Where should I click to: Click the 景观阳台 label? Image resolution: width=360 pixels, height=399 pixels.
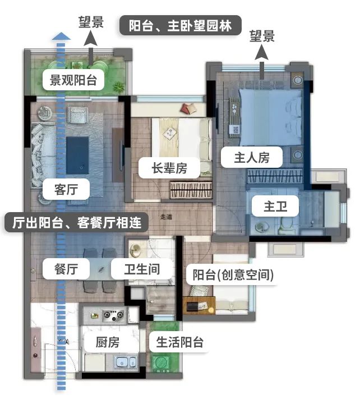(73, 80)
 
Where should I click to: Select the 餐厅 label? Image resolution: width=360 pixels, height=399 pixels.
(66, 269)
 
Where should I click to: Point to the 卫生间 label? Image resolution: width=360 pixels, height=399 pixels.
(142, 269)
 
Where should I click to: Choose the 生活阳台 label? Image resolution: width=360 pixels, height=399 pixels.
(179, 342)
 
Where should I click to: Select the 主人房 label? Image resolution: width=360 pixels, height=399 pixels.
(252, 158)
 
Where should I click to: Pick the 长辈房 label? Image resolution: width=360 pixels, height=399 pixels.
(169, 167)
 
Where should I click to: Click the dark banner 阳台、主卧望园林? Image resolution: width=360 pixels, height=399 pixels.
(181, 26)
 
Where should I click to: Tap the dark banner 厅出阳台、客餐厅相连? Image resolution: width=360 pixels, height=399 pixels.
(77, 222)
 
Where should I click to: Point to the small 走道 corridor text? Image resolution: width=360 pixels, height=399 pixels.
(166, 217)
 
